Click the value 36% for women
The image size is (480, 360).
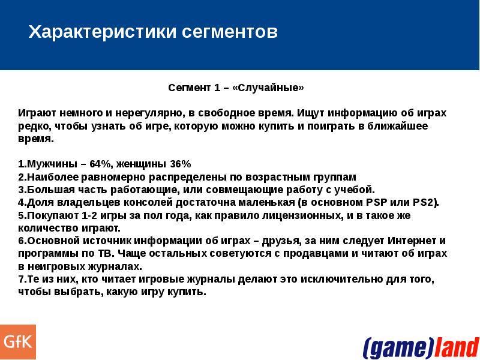pyautogui.click(x=180, y=164)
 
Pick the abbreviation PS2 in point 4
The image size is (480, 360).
pyautogui.click(x=424, y=202)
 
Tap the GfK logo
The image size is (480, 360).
pyautogui.click(x=18, y=342)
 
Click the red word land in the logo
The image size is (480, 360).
pyautogui.click(x=457, y=347)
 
